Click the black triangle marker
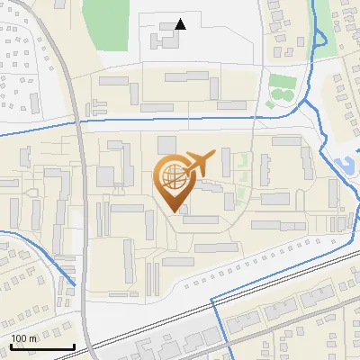click(181, 24)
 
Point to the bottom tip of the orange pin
click(172, 211)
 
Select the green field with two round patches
click(282, 88)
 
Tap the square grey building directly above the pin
click(166, 144)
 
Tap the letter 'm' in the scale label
click(32, 338)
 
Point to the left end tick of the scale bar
click(11, 346)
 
